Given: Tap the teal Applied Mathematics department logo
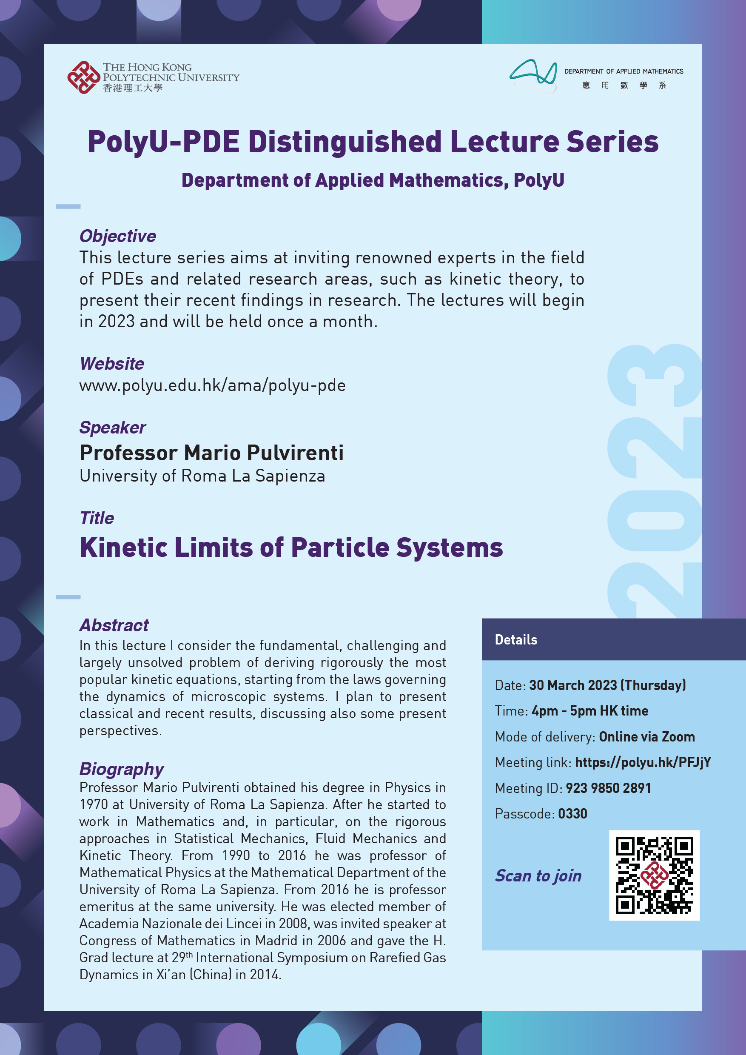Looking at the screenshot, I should pos(533,76).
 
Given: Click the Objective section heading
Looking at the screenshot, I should pos(117,236).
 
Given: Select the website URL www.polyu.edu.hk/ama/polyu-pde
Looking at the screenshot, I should pos(212,385).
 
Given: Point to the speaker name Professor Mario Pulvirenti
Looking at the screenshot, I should pos(211,453).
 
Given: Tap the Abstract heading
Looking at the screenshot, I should pos(114,625).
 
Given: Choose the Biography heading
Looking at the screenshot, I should pos(121,769).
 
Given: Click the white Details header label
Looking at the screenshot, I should pos(516,640).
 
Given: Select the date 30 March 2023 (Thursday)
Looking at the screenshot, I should pos(607,685).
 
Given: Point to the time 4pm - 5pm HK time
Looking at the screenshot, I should pos(590,711).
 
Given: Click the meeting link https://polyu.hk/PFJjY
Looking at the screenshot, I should pos(643,762).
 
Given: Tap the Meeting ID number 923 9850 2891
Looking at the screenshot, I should pos(608,788).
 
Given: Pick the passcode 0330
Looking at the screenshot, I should pos(572,814).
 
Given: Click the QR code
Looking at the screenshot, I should pos(654,875).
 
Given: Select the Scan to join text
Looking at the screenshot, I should pos(538,876).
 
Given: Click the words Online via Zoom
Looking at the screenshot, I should pos(646,736).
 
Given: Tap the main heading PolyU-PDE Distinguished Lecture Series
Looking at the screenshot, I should pos(373,142).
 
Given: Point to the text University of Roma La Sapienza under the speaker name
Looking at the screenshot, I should pos(202,476).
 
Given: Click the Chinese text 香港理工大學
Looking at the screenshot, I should pos(132,88).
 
